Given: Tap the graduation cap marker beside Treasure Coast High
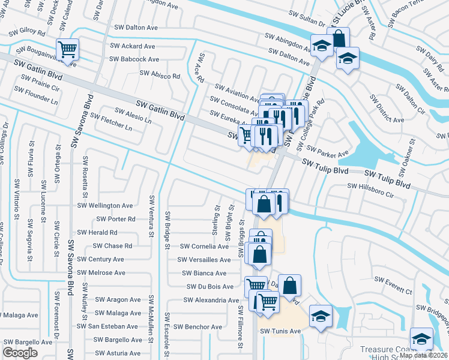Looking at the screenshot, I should pos(421,338).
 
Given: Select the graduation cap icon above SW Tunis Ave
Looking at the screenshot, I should pos(321,315).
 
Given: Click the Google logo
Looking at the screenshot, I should pos(20,353).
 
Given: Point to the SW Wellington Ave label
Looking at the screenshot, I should pos(105,205).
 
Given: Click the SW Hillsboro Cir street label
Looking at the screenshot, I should pos(370,195).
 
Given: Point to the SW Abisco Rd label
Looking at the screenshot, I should pos(160,74).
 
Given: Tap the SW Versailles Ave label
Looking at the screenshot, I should pos(204,260).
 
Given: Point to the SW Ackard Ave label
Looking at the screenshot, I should pos(132,46).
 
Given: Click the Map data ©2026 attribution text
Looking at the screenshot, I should pos(423,355).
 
